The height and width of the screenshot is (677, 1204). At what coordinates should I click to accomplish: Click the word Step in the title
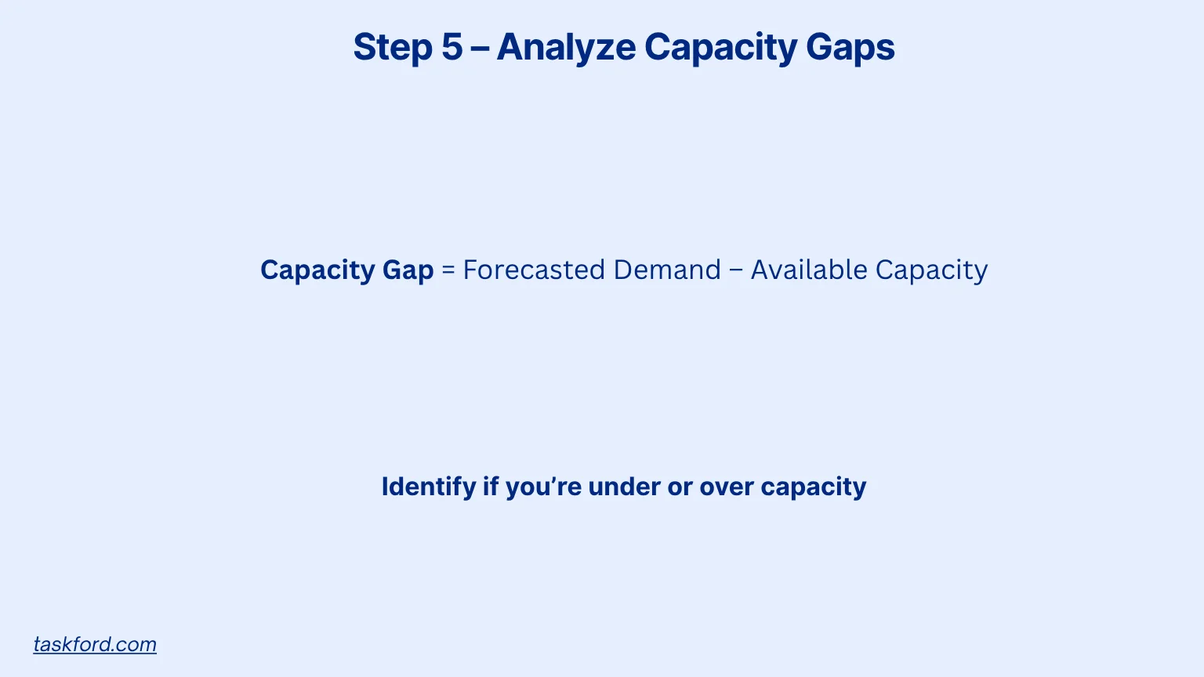click(x=392, y=47)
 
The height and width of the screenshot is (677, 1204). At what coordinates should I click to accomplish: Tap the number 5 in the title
click(x=452, y=47)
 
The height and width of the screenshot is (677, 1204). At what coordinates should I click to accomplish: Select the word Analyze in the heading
click(x=566, y=47)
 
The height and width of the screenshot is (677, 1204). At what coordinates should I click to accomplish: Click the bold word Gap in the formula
click(x=408, y=270)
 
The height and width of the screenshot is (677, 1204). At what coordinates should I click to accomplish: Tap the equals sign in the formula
click(x=448, y=270)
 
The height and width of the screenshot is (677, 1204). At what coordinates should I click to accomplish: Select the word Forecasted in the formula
click(x=534, y=270)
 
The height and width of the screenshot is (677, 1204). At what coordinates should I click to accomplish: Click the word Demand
click(x=667, y=270)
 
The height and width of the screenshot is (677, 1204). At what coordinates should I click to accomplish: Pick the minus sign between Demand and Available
click(x=736, y=270)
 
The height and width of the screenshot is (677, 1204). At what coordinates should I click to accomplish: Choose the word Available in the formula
click(x=809, y=270)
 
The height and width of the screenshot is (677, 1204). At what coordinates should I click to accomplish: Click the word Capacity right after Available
click(x=931, y=270)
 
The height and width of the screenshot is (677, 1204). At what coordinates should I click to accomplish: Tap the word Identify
click(x=428, y=487)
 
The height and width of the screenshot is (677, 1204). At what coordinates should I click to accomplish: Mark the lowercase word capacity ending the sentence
click(x=814, y=487)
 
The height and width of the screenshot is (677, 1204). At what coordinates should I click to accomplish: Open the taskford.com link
click(x=95, y=644)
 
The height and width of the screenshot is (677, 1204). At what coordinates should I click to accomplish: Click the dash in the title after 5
click(x=480, y=49)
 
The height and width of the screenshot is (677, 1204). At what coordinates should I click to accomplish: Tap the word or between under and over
click(x=680, y=487)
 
